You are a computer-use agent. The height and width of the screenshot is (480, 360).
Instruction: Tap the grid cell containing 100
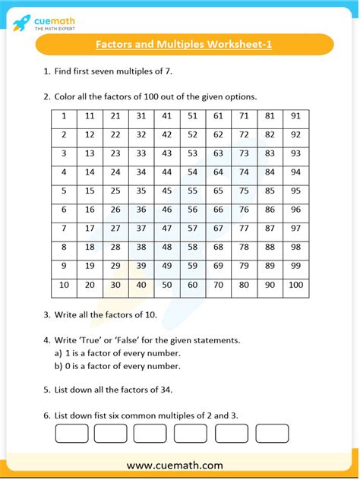pos(295,285)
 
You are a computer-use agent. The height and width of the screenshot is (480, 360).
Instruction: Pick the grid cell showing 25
pos(115,191)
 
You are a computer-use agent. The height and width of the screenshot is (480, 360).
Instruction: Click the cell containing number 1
pos(65,116)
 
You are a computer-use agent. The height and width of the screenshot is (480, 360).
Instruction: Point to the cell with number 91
pos(295,116)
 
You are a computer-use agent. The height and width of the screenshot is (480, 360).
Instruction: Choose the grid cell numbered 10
pos(65,285)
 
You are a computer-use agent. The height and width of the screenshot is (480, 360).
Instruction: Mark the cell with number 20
pos(90,285)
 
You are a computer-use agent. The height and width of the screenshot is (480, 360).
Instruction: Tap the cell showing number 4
pos(65,172)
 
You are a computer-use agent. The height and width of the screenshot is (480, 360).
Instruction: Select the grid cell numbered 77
pos(244,229)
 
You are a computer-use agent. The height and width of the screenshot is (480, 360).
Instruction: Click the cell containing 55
pos(192,191)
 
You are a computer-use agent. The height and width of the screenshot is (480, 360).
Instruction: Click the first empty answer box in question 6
pos(71,433)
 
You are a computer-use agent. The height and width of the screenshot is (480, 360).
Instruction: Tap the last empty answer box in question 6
pos(272,433)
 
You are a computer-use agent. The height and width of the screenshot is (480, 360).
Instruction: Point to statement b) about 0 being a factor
pos(117,366)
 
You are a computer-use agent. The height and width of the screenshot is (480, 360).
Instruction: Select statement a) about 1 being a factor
pos(117,353)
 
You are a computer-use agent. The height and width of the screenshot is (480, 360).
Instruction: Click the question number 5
pos(46,390)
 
